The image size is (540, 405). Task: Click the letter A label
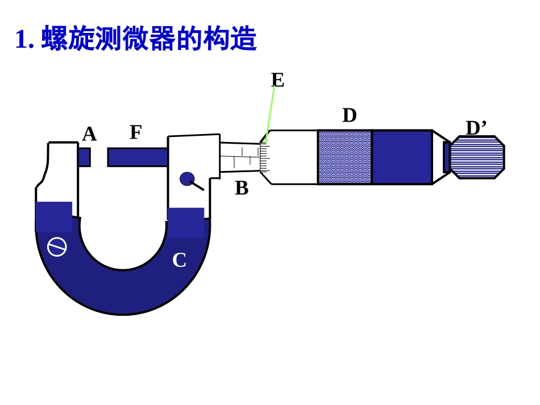click(89, 135)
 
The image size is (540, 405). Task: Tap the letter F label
click(135, 132)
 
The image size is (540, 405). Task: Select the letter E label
click(277, 80)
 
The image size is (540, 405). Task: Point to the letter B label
click(242, 188)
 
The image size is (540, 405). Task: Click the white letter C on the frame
click(179, 260)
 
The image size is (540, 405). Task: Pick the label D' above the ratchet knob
click(476, 128)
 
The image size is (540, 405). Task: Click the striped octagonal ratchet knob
click(477, 157)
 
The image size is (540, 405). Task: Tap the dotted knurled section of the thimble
click(344, 157)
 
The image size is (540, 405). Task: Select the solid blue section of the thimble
click(402, 157)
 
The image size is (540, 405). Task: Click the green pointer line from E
click(270, 114)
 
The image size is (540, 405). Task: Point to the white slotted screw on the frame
click(57, 247)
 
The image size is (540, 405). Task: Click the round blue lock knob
click(187, 179)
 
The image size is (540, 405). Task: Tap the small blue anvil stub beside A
click(84, 157)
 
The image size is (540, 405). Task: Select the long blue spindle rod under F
click(138, 157)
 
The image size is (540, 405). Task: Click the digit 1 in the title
click(21, 40)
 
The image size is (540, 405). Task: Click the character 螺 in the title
click(55, 39)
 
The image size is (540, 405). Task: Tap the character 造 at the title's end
click(243, 39)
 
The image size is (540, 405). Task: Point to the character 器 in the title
click(163, 39)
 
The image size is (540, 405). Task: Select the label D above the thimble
click(350, 115)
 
